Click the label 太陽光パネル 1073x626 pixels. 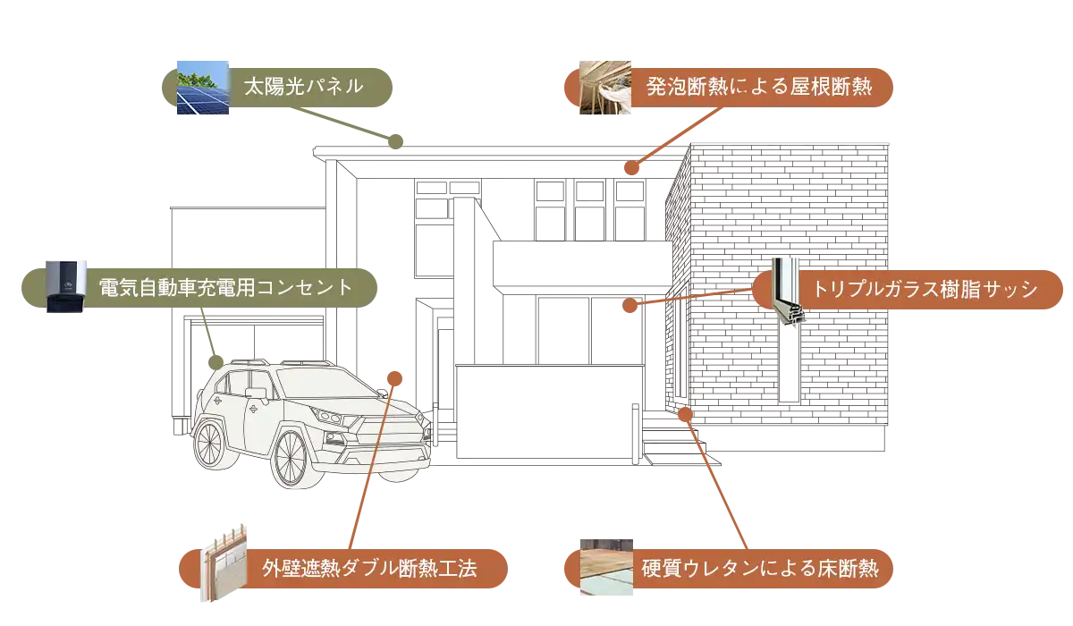[304, 87]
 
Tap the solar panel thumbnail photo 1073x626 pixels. [199, 88]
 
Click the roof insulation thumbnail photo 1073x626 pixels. [607, 87]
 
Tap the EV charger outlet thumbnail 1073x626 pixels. [67, 286]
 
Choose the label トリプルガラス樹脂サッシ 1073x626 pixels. [925, 290]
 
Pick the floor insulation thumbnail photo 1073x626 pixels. [607, 567]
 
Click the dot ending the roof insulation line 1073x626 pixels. [631, 166]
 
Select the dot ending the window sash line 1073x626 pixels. [629, 306]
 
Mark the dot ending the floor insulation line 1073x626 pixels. [686, 412]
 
